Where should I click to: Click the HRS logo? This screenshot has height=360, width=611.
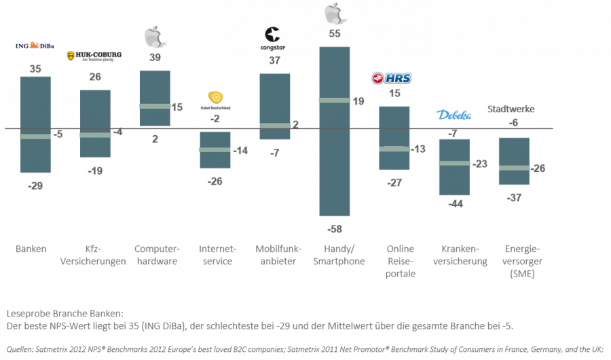click(392, 79)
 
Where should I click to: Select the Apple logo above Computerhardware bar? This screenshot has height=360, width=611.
click(155, 36)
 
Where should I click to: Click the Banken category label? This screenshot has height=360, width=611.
click(31, 249)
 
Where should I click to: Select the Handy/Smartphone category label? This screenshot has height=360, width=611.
click(335, 255)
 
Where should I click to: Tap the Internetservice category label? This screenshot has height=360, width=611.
click(215, 255)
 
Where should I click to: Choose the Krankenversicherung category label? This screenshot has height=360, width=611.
click(455, 255)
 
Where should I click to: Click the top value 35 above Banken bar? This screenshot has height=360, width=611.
click(35, 69)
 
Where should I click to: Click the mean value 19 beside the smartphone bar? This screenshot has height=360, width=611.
click(358, 101)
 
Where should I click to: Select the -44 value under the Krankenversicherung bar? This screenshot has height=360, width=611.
click(454, 204)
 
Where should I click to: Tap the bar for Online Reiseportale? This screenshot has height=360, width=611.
click(394, 139)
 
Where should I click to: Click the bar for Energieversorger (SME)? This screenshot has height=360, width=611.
click(515, 161)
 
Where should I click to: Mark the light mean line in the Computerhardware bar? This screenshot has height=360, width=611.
click(154, 107)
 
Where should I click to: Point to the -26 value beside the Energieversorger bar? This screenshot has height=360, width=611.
click(539, 168)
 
